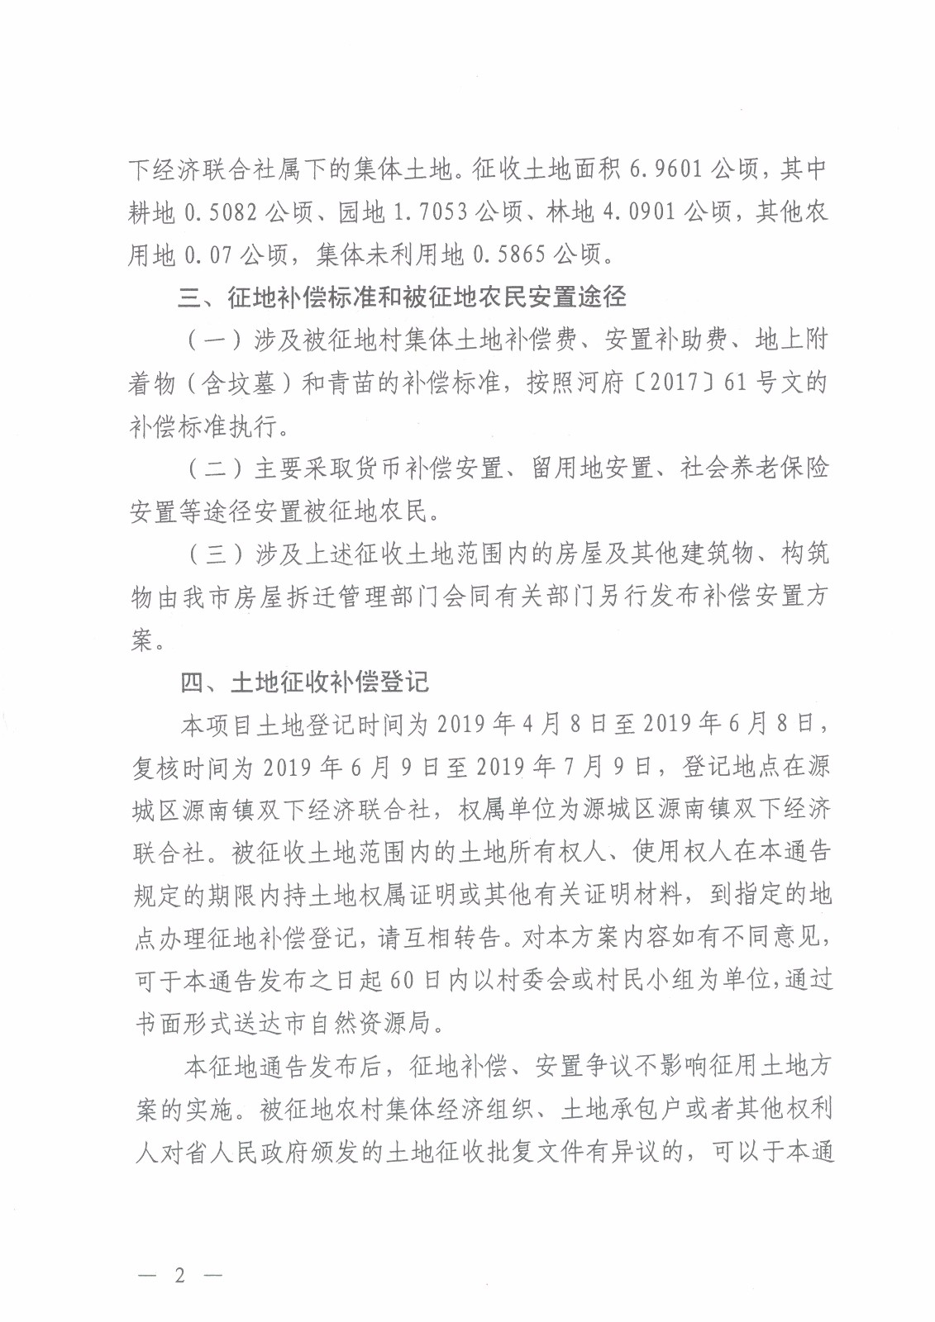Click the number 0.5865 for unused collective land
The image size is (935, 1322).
tap(508, 254)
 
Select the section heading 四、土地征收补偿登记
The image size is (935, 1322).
tap(305, 682)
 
